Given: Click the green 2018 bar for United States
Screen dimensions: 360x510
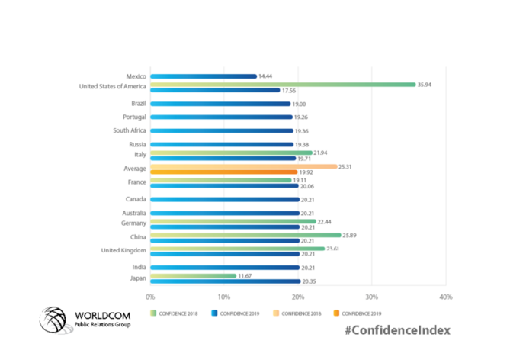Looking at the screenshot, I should (x=282, y=85).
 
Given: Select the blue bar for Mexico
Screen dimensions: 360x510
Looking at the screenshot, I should (x=203, y=76).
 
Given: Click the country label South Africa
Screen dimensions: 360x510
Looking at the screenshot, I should (x=129, y=131).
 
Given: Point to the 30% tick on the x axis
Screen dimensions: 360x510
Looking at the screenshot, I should (x=372, y=296).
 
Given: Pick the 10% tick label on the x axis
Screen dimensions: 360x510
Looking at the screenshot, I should (x=224, y=296).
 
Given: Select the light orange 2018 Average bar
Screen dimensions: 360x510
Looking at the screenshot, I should (x=243, y=166).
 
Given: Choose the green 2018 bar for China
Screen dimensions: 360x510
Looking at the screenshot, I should (x=245, y=235).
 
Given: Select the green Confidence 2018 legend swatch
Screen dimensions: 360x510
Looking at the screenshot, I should (x=152, y=313).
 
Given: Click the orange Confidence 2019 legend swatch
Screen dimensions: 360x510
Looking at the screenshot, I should (x=335, y=313).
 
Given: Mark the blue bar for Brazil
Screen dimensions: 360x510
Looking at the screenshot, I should (x=220, y=104).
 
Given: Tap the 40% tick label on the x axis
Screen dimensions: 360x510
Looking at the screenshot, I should (x=445, y=296).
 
